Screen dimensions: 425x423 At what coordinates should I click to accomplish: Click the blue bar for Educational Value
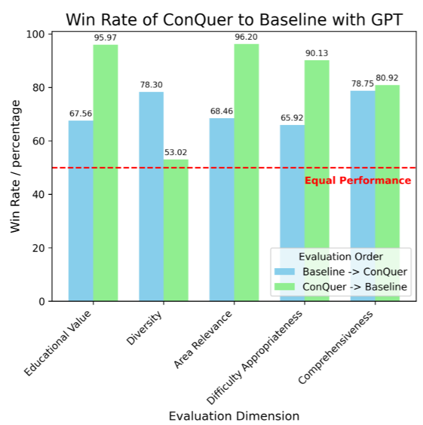pos(81,210)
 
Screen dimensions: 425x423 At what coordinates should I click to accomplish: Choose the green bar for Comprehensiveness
pos(387,193)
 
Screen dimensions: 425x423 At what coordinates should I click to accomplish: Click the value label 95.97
pos(105,38)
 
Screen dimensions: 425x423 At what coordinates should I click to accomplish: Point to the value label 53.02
pos(176,152)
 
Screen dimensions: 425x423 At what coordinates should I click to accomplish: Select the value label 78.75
pos(363,84)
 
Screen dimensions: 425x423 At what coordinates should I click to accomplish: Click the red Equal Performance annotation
pos(358,181)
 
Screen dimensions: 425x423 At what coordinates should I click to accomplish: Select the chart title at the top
pos(234,19)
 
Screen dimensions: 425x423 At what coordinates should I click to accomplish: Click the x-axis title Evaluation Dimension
pos(234,415)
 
